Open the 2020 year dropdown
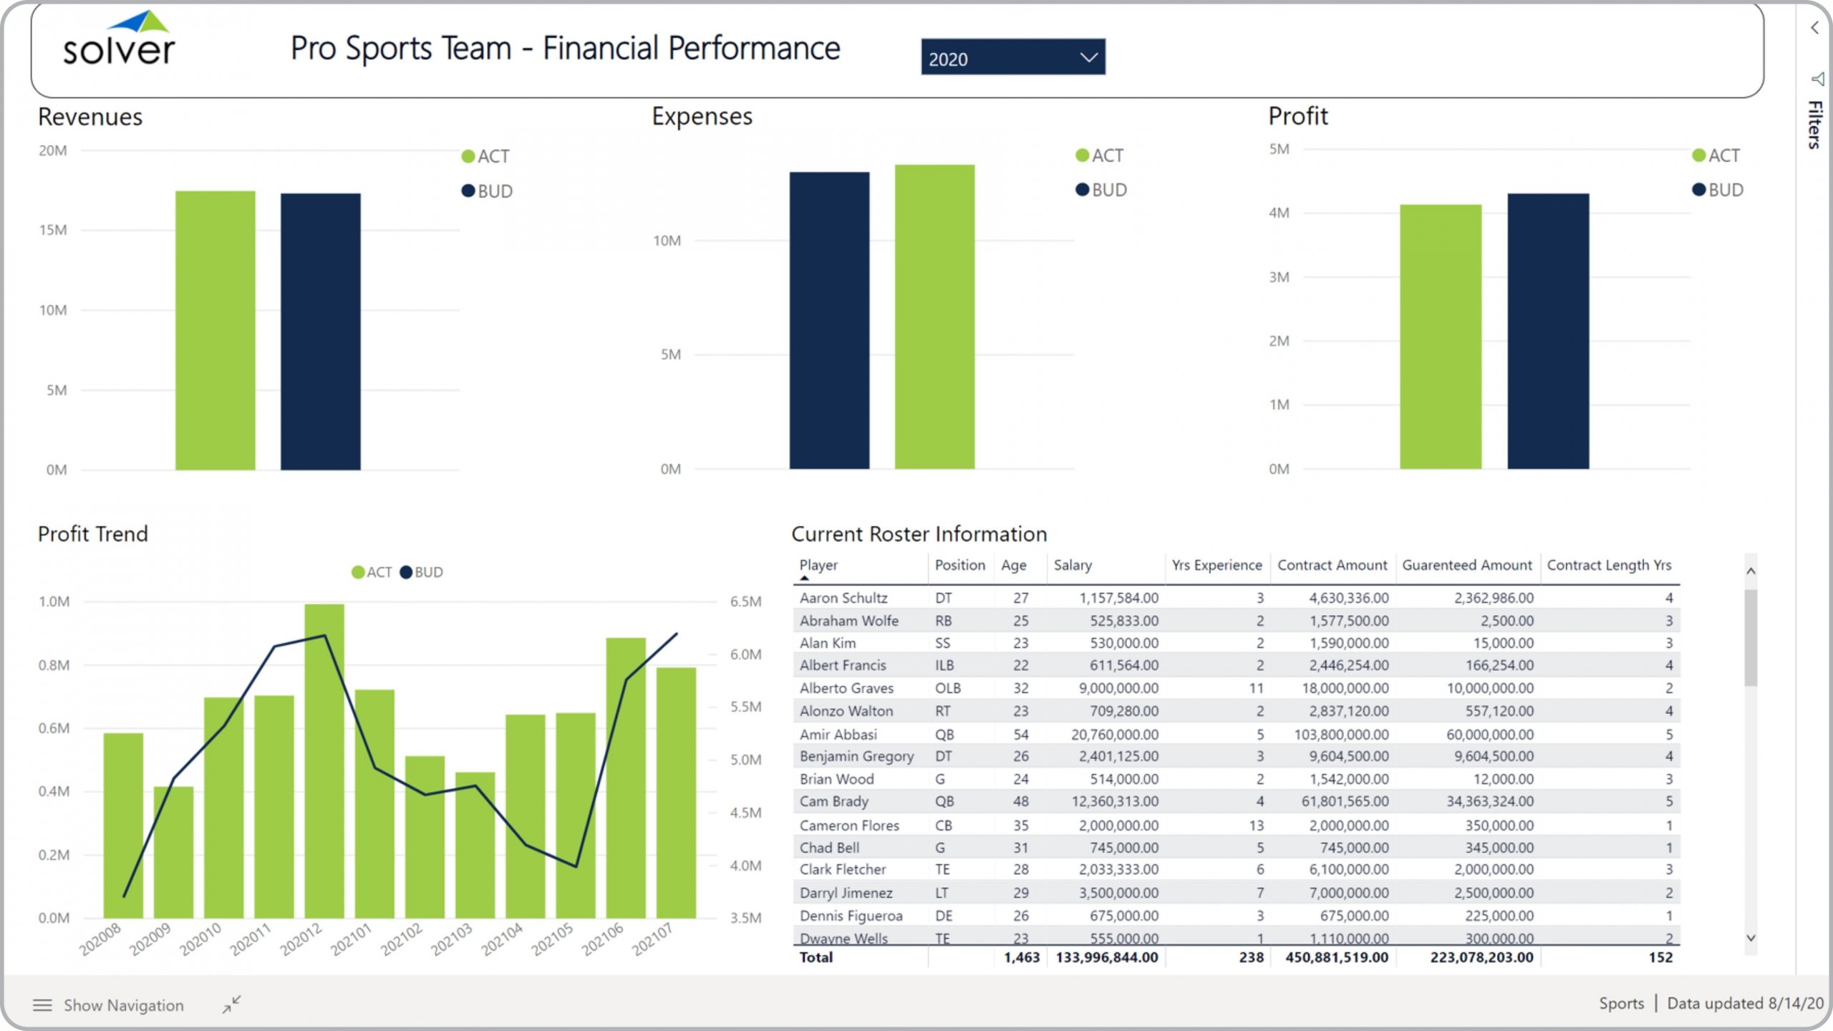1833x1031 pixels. tap(1012, 58)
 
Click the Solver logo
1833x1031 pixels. tap(119, 40)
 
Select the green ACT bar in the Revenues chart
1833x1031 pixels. tap(215, 330)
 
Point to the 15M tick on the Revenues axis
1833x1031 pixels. tap(53, 231)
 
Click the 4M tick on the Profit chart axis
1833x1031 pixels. tap(1279, 213)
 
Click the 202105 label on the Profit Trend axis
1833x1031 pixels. tap(552, 939)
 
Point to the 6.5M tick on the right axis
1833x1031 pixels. tap(745, 602)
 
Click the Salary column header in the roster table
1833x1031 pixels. tap(1073, 566)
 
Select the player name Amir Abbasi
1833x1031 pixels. tap(838, 734)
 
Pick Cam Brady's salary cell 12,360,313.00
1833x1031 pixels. tap(1114, 801)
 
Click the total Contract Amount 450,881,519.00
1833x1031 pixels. tap(1336, 957)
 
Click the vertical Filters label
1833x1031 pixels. tap(1814, 125)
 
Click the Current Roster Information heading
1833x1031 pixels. tap(919, 534)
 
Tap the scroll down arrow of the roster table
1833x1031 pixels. tap(1751, 938)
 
